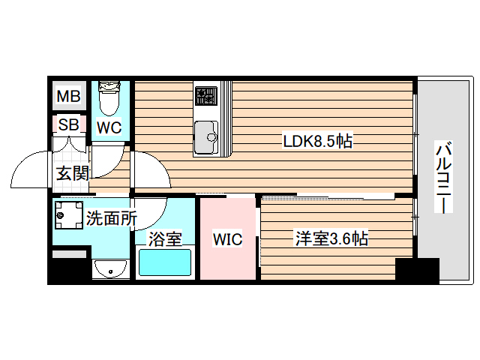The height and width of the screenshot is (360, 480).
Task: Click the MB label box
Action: pos(69,97)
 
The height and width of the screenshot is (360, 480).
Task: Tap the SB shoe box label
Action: pos(68,124)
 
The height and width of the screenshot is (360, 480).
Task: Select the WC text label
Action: pos(109,127)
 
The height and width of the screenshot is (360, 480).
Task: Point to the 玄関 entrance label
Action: pos(72,173)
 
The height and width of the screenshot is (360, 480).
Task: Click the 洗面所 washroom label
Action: pos(111,219)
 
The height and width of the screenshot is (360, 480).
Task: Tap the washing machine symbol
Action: pos(68,216)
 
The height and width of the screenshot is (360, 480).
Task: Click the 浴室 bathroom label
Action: pos(165,240)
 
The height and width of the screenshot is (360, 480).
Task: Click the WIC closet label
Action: pos(227,240)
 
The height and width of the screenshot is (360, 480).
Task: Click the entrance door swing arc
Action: pos(30,169)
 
